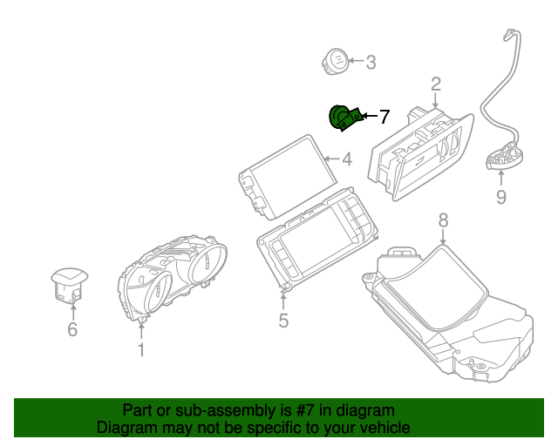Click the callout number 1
click(x=140, y=350)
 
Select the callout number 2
click(x=435, y=84)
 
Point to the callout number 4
click(x=346, y=159)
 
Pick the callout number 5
click(x=283, y=321)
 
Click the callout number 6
click(x=72, y=329)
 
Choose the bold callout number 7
click(x=384, y=116)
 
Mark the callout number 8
click(x=443, y=221)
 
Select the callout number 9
click(x=500, y=198)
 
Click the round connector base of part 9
click(x=505, y=159)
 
